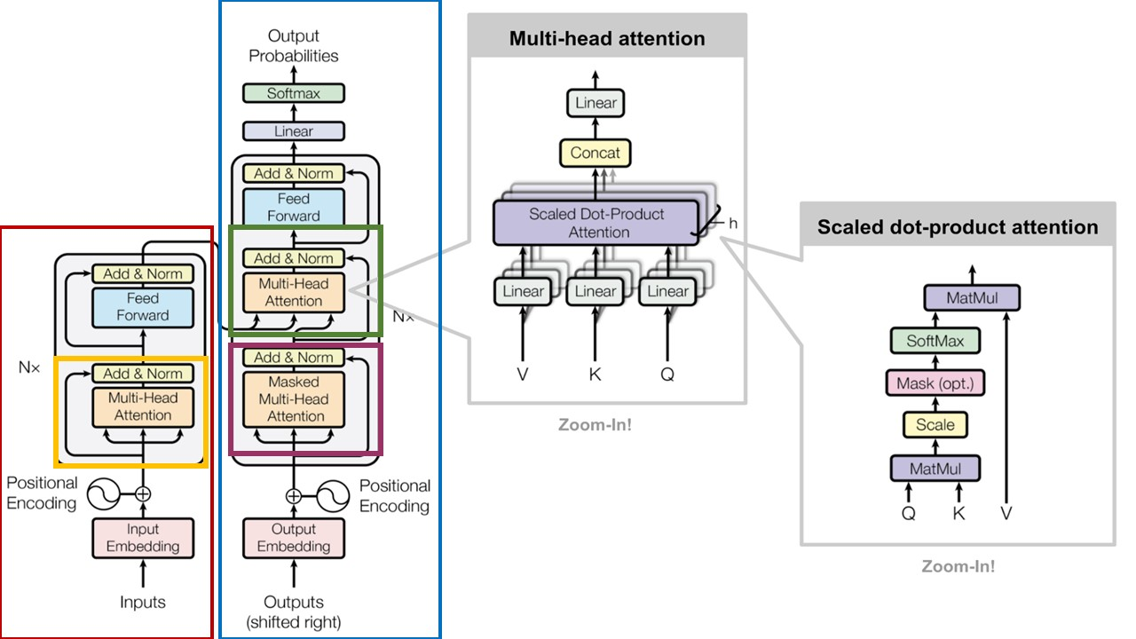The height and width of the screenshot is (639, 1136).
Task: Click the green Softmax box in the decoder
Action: point(293,93)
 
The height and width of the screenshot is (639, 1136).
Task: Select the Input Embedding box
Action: point(143,538)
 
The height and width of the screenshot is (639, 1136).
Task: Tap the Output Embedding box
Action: point(293,538)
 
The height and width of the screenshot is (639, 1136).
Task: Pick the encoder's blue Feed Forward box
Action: point(143,307)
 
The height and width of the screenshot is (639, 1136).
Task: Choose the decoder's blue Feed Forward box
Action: point(293,208)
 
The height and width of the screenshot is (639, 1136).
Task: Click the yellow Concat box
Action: point(596,153)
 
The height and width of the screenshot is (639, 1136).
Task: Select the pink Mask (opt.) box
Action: point(935,383)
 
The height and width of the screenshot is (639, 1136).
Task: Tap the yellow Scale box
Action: point(935,425)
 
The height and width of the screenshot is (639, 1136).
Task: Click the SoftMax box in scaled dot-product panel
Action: point(935,341)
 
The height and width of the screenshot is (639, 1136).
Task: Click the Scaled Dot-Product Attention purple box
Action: point(596,224)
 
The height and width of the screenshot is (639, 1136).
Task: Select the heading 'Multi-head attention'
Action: point(607,39)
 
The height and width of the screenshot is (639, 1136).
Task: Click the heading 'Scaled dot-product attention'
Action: point(958,227)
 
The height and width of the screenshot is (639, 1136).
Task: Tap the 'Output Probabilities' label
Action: point(293,46)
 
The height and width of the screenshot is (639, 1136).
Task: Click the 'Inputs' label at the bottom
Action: point(143,603)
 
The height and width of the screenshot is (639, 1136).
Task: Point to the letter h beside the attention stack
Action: point(733,224)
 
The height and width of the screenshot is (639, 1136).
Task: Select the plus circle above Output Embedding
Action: point(293,496)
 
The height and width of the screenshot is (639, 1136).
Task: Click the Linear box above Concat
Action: point(596,103)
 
